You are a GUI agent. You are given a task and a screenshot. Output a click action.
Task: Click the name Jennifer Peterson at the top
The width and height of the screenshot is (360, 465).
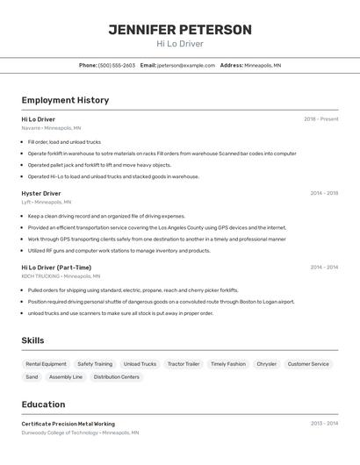[180, 30]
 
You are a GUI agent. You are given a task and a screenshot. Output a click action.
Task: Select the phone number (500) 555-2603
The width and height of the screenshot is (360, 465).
[117, 65]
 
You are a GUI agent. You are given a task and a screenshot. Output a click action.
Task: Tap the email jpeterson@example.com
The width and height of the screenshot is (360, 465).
[186, 65]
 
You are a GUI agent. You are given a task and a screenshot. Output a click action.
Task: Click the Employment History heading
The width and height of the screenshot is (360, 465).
[65, 100]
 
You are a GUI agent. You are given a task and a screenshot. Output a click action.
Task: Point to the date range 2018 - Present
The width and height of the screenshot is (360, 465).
[320, 119]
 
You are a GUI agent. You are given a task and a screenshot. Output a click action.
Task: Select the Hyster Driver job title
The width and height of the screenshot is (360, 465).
[41, 193]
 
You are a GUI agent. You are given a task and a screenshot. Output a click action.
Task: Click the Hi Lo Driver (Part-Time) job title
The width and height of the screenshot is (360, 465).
[56, 268]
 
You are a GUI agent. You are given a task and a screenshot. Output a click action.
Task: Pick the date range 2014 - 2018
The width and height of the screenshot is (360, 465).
[324, 193]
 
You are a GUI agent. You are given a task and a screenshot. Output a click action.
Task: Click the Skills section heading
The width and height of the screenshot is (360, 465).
[32, 340]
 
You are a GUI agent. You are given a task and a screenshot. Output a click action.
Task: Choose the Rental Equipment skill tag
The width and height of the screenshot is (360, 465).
[46, 364]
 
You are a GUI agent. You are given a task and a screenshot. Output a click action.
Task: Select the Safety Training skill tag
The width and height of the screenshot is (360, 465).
[95, 364]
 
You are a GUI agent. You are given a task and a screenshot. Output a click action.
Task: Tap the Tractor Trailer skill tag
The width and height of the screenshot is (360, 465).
[184, 364]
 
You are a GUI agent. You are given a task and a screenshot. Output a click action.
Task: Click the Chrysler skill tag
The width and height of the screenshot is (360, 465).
[266, 364]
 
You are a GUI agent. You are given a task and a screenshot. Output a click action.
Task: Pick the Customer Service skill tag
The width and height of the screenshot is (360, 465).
[308, 364]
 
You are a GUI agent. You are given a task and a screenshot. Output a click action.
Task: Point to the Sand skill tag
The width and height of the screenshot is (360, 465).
[32, 377]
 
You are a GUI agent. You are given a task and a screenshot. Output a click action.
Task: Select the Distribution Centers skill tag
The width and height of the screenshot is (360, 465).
[117, 377]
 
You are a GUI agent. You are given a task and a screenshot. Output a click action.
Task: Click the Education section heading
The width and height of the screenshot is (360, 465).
[43, 404]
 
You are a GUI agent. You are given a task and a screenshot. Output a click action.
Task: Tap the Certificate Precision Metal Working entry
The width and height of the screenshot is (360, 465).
[68, 424]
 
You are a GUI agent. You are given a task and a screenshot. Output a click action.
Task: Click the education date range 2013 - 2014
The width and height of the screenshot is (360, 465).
[324, 424]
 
